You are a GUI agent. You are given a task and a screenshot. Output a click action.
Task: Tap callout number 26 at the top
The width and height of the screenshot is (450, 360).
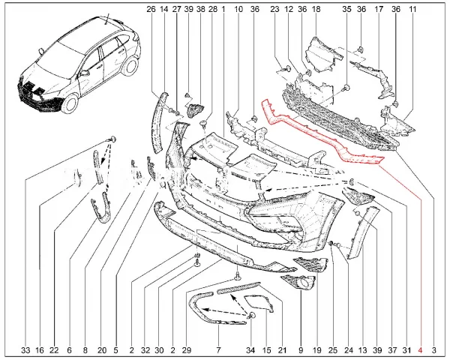(x=151, y=9)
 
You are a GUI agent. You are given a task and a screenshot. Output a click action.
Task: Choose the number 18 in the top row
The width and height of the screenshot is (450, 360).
(x=316, y=9)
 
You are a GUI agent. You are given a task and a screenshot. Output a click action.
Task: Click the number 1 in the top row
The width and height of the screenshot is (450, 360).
(x=223, y=9)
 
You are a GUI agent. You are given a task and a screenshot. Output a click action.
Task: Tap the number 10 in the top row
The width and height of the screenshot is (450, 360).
(x=238, y=9)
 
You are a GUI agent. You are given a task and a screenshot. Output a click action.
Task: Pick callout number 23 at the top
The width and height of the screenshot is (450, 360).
(x=274, y=9)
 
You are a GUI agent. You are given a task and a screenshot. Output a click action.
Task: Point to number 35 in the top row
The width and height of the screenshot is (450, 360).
(x=346, y=9)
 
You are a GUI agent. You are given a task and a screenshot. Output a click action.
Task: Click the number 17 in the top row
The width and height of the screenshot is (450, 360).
(x=379, y=9)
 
